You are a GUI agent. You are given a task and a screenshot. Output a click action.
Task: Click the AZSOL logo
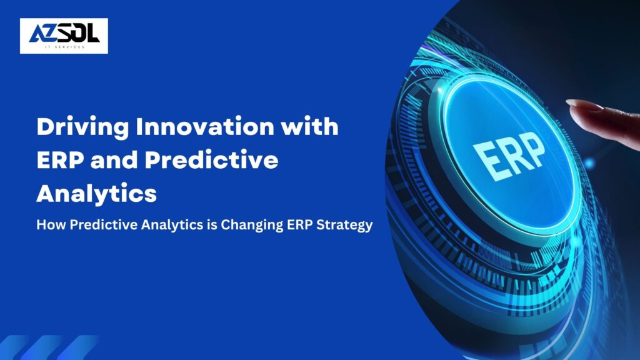coord(64,35)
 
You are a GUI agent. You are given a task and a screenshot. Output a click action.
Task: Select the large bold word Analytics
coord(96,194)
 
